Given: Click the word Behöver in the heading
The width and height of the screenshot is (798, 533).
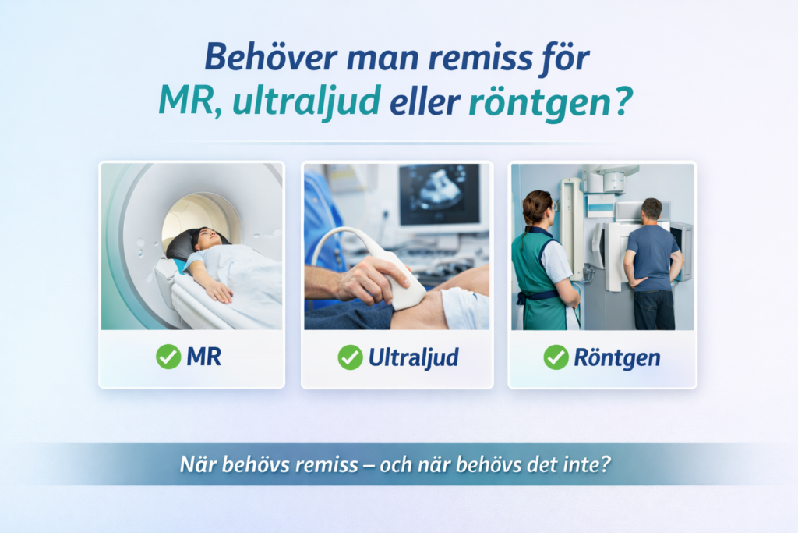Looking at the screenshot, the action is tap(271, 56).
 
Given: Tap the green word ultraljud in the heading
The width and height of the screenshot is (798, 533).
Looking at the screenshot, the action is tap(307, 101).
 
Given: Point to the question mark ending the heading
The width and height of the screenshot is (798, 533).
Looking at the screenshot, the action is tap(624, 100).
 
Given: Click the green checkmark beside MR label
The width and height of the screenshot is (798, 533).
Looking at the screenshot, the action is tap(168, 356).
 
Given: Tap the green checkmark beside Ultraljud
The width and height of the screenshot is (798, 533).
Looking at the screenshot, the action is tap(350, 357).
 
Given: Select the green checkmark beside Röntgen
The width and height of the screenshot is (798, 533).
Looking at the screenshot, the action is tap(556, 357).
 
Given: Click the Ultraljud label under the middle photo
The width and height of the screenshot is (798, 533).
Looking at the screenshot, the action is tap(413, 357).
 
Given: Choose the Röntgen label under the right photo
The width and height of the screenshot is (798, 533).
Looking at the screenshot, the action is tap(617, 357).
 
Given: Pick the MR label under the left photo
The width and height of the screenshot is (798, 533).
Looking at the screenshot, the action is tap(203, 357).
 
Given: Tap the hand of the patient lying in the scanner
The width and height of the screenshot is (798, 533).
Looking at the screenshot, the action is tap(219, 292).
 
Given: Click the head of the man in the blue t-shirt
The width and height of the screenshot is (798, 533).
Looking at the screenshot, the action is tap(651, 211).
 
